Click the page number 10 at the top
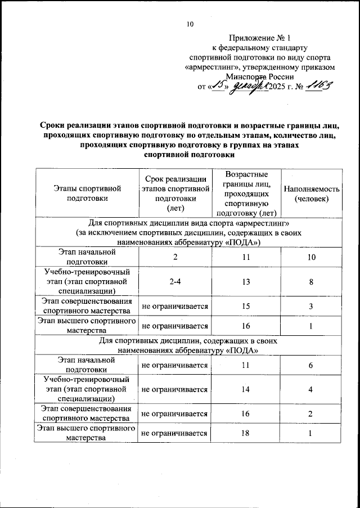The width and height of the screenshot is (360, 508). [x=190, y=24]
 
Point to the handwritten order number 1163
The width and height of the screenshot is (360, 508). [x=321, y=86]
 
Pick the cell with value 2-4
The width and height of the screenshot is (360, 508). [x=174, y=282]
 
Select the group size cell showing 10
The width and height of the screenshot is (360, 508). [x=311, y=257]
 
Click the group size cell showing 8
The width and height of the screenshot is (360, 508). [x=311, y=282]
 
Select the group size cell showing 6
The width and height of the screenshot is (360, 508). [x=311, y=365]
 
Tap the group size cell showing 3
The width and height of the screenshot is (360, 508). [x=311, y=306]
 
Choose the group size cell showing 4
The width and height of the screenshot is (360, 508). [x=311, y=389]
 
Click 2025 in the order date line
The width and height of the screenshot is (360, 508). [x=279, y=87]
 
